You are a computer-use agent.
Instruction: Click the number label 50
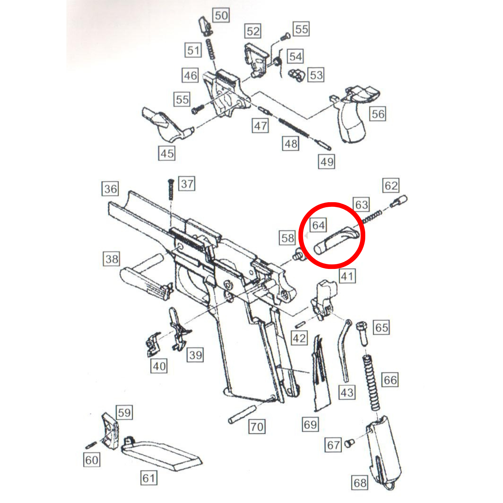221,15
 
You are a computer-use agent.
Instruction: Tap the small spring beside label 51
210,49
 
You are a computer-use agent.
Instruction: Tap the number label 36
110,189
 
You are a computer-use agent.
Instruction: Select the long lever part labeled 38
146,277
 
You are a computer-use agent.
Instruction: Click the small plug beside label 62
398,201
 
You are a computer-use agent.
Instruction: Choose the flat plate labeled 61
161,453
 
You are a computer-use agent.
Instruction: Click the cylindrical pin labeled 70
242,414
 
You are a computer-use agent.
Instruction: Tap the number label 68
360,483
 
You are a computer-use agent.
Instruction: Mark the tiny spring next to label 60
91,445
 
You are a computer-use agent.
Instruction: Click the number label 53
316,75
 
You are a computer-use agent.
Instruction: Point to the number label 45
167,154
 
